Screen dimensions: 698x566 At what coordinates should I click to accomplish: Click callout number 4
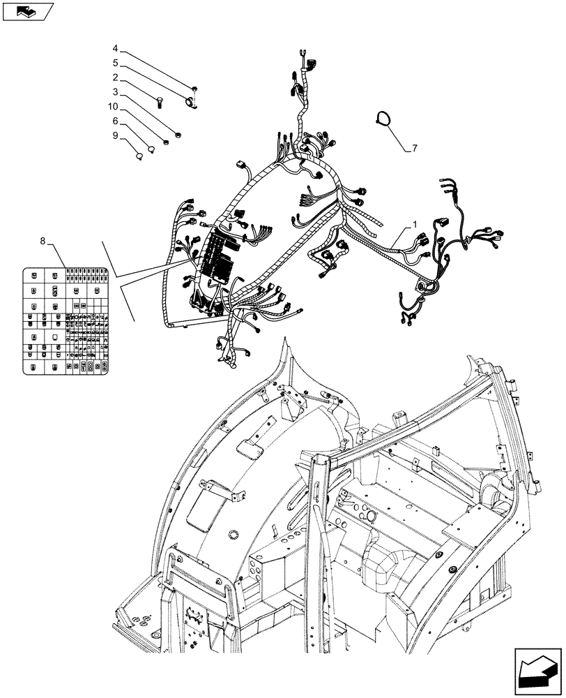click(115, 49)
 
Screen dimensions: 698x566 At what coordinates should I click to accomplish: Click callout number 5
click(115, 63)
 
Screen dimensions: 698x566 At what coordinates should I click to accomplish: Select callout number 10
click(113, 107)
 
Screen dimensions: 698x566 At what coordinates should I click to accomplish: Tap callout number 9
click(115, 135)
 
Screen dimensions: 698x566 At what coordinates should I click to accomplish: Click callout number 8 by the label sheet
click(43, 242)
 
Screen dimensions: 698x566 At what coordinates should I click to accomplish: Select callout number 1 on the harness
click(415, 225)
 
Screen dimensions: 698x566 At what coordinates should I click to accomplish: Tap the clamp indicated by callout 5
click(190, 103)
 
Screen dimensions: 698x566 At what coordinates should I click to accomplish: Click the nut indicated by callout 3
click(178, 133)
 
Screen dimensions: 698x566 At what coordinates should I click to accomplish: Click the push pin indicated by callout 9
click(139, 156)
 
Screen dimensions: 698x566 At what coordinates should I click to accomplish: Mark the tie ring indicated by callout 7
click(383, 119)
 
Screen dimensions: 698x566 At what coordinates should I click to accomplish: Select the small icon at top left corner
click(28, 11)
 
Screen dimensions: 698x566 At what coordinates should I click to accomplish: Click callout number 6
click(115, 121)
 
